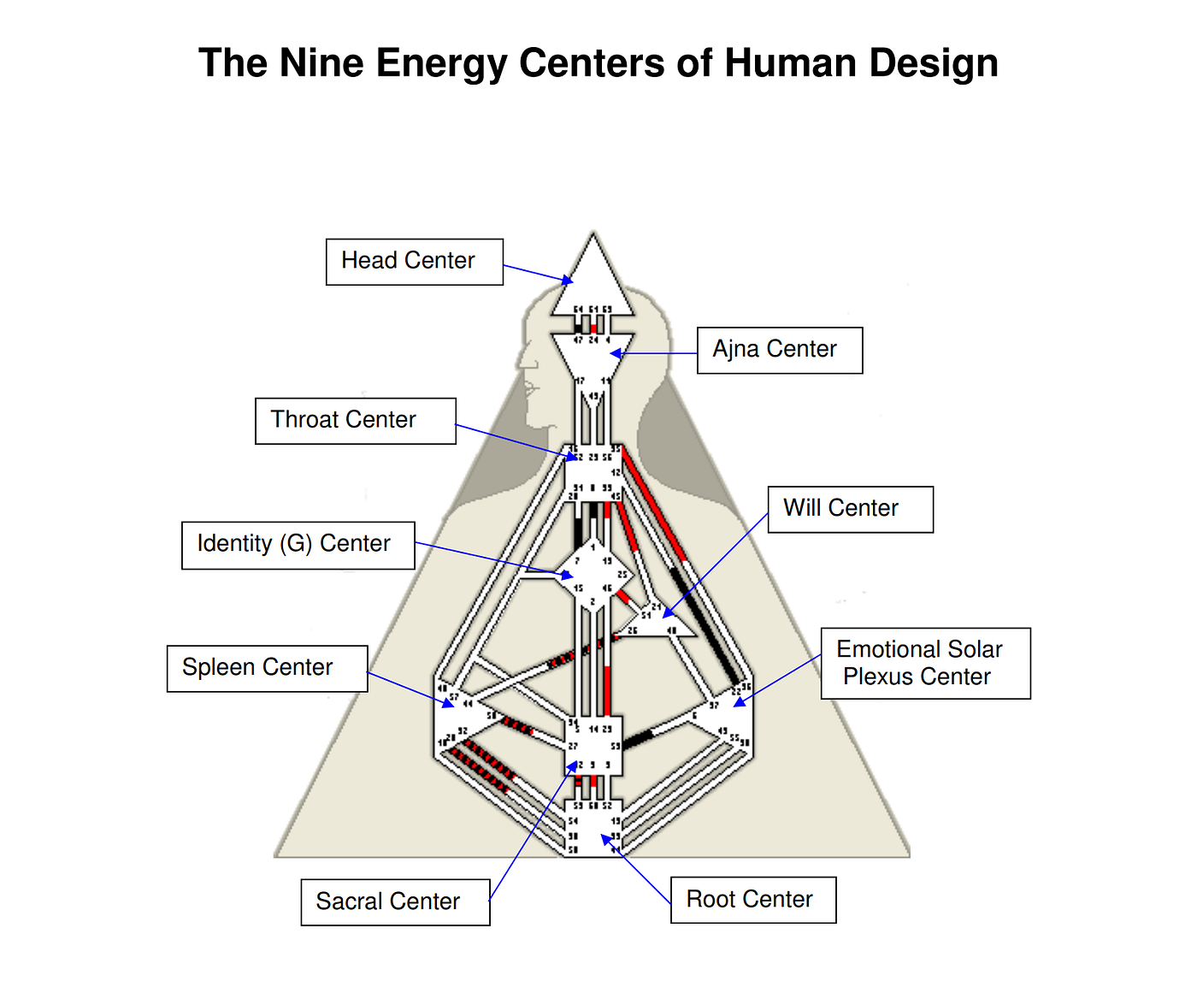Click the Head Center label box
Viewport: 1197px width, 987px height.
pyautogui.click(x=414, y=262)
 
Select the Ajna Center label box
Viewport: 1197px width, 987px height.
pyautogui.click(x=779, y=350)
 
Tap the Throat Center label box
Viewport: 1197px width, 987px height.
pyautogui.click(x=355, y=421)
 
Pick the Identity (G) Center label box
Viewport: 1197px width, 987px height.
pyautogui.click(x=298, y=545)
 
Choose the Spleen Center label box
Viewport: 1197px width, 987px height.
pyautogui.click(x=267, y=668)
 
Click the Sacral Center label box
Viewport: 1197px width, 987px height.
pyautogui.click(x=395, y=901)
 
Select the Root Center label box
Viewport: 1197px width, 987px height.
pyautogui.click(x=752, y=900)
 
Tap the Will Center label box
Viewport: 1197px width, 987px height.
pyautogui.click(x=850, y=509)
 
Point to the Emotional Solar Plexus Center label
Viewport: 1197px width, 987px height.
pyautogui.click(x=925, y=663)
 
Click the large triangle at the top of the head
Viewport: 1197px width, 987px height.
pyautogui.click(x=593, y=278)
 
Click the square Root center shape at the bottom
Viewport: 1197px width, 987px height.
pyautogui.click(x=593, y=828)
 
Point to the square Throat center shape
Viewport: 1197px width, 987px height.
pyautogui.click(x=593, y=472)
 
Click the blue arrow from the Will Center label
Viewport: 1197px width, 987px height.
pyautogui.click(x=716, y=564)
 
